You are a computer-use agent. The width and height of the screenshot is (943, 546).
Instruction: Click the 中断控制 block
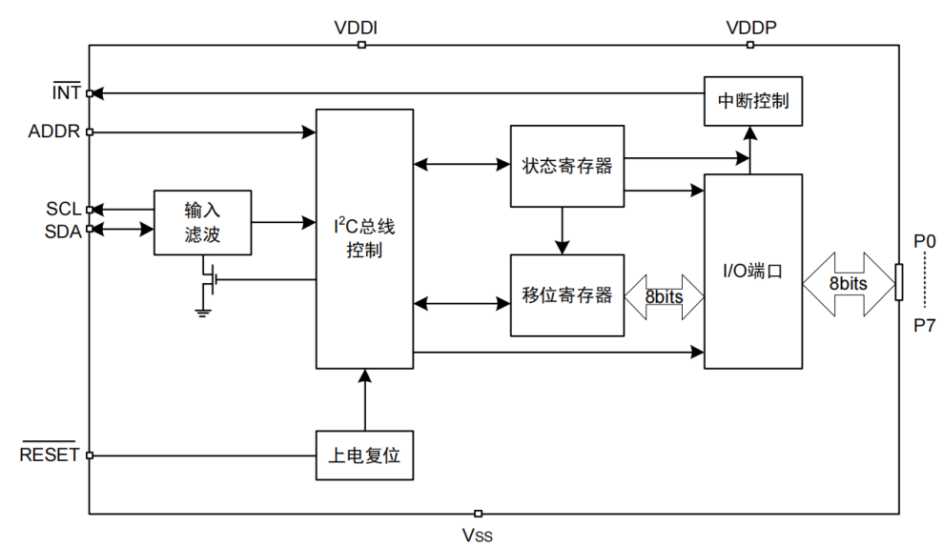[753, 101]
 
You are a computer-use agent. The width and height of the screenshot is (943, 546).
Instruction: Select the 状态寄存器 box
[567, 165]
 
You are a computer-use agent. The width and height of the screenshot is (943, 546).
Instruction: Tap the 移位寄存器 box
[567, 294]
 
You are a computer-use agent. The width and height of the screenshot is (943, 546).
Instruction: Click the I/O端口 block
[752, 271]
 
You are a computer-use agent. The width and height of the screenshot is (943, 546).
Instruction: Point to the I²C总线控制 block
[364, 238]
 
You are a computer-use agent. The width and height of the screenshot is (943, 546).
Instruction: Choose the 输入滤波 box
[202, 222]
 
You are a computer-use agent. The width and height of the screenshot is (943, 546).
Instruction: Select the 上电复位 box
[364, 455]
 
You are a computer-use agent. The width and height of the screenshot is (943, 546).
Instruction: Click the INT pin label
[66, 93]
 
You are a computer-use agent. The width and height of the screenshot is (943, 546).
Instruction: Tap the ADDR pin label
[54, 131]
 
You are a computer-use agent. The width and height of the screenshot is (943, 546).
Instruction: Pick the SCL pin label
[64, 209]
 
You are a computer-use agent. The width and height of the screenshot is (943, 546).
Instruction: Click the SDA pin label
[64, 230]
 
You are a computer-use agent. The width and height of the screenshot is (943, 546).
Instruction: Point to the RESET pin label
[50, 455]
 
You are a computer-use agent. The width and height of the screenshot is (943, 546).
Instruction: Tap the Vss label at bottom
[478, 535]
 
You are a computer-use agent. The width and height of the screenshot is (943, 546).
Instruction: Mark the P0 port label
[924, 242]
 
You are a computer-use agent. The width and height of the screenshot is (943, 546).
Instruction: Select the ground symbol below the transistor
[202, 310]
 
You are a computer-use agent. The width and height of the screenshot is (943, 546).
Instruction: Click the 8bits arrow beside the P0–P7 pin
[848, 284]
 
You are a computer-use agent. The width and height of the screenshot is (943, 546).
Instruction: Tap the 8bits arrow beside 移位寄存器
[664, 296]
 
